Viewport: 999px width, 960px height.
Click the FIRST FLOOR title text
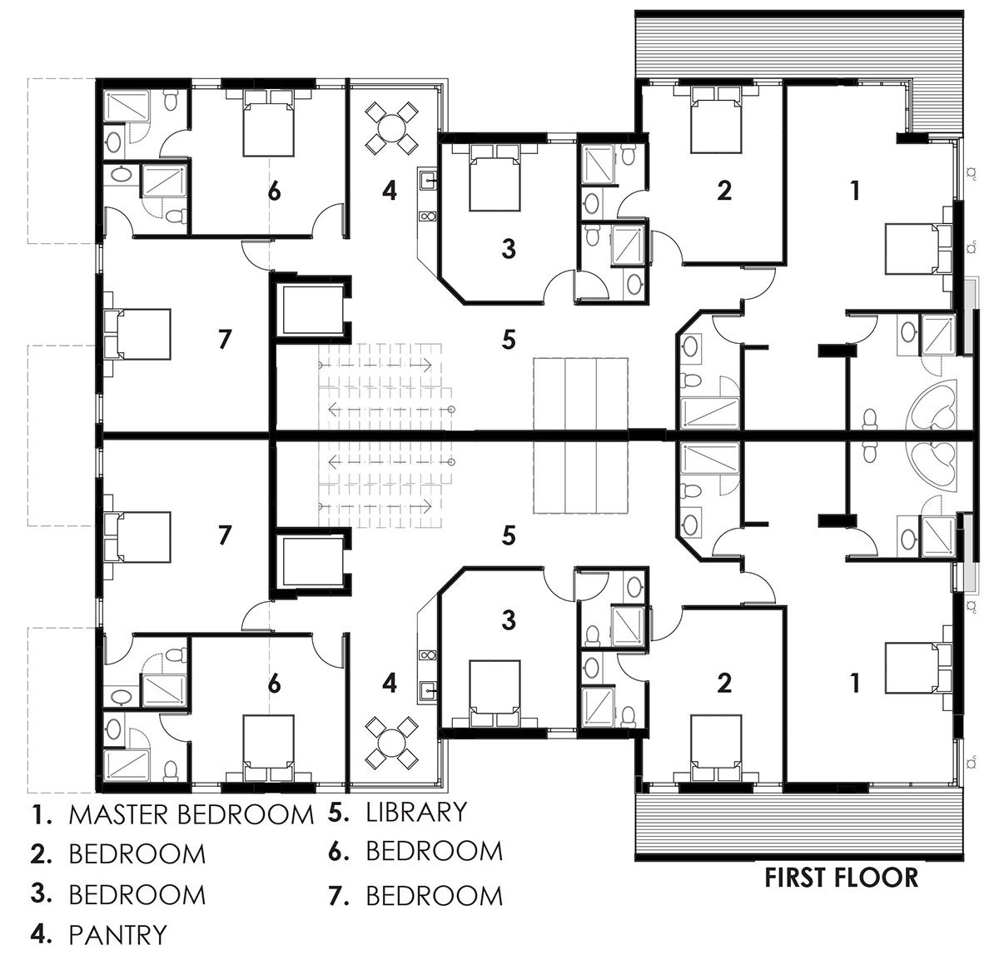click(842, 877)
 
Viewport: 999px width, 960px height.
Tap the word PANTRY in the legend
click(117, 935)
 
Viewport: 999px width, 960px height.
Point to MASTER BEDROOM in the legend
click(191, 814)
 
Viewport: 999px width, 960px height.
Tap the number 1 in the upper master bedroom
click(853, 191)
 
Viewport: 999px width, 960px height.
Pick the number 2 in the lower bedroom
click(724, 684)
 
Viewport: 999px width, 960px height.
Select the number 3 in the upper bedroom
click(509, 247)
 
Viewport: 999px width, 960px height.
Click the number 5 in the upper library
click(509, 339)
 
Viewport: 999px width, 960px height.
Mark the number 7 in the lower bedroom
click(223, 535)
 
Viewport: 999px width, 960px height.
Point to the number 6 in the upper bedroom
click(274, 191)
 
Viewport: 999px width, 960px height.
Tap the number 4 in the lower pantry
click(389, 684)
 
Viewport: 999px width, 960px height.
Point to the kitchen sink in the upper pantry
click(430, 180)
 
